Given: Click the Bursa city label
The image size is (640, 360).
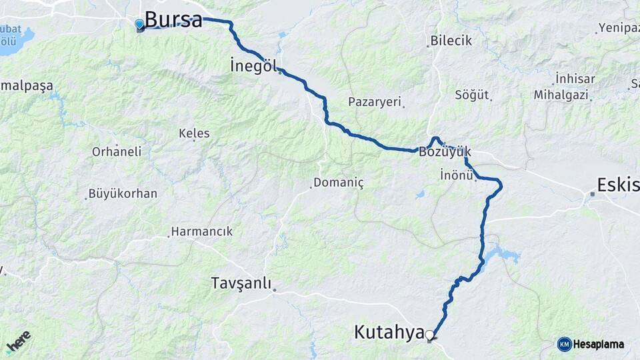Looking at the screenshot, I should coord(173,19).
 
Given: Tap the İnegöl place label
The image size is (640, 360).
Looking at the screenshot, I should coord(253,66).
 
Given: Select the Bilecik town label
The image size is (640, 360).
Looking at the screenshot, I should coord(451,41).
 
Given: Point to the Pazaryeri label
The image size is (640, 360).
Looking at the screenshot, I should coord(374,102).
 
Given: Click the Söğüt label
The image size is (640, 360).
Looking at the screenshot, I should coord(471,95).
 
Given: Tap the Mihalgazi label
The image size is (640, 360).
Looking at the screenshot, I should coord(561,95).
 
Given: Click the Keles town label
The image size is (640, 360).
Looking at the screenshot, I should coord(194,133).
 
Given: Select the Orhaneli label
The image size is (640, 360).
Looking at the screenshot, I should coord(117,151).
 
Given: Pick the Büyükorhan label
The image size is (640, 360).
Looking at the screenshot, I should coord(123,194).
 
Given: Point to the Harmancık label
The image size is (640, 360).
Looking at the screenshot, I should coord(202,231).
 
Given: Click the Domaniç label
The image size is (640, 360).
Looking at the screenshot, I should coord(338,183).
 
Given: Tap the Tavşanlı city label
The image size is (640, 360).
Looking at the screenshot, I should coord(241,283).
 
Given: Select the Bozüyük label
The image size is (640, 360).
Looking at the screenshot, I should coord(445,152).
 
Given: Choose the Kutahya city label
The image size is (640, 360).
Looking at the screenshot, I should coord(389,331).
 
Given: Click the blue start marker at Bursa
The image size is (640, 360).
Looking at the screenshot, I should coord(139,25).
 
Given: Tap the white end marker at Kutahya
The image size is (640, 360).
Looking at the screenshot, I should coord(430,335).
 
